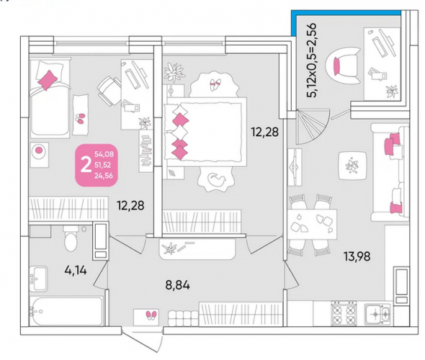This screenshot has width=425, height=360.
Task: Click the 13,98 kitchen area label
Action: [357, 256]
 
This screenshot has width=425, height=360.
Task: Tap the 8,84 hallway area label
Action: [177, 285]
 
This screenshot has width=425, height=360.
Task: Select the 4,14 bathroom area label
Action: [76, 270]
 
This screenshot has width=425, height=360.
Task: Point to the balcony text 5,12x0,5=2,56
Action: [311, 60]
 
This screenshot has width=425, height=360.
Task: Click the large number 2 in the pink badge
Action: [86, 165]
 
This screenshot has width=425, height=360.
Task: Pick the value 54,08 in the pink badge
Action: [104, 154]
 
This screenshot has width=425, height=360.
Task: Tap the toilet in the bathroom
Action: [71, 238]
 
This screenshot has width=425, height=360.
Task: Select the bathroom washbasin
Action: [38, 279]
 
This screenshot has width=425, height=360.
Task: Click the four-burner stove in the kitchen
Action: [344, 313]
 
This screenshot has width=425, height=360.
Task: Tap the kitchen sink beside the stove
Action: [378, 314]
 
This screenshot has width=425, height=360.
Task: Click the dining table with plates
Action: [312, 225]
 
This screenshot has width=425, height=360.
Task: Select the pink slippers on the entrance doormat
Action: [151, 315]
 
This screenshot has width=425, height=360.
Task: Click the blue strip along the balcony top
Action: [346, 12]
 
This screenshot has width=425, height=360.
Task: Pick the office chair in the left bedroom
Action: [109, 91]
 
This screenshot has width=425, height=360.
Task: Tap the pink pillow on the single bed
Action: [48, 80]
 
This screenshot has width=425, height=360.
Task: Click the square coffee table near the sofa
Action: [353, 166]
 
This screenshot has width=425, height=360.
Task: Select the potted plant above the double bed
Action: [174, 71]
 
